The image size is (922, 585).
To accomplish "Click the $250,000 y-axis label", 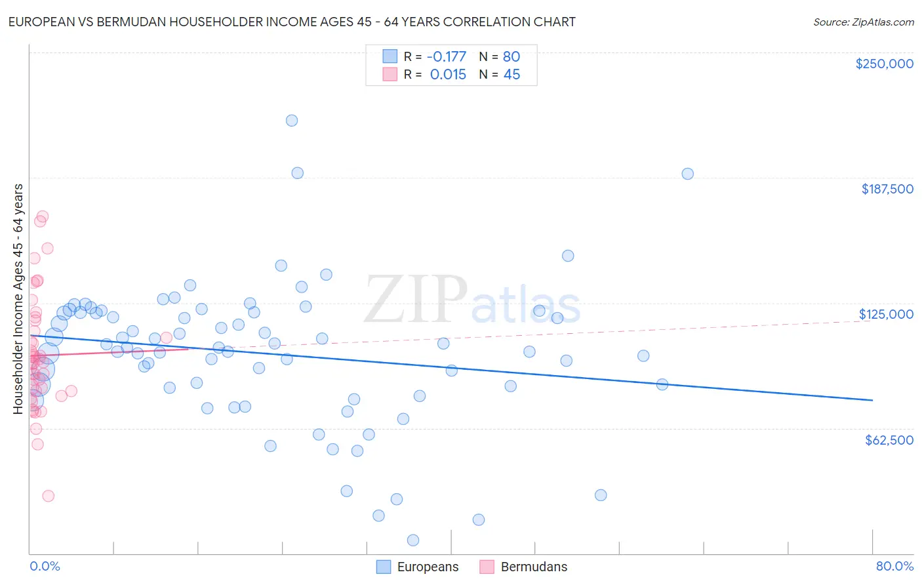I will click(x=884, y=64).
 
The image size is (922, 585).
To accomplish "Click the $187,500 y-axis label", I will click(x=887, y=189).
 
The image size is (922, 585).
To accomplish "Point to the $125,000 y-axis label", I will click(x=886, y=314).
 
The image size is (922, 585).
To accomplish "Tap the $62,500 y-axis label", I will click(x=889, y=440).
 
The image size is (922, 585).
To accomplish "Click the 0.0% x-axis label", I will click(x=45, y=566).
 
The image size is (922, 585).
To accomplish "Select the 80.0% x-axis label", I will click(x=894, y=566).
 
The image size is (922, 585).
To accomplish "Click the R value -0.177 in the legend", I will click(x=446, y=56).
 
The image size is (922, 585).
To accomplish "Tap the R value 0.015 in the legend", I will click(x=448, y=75).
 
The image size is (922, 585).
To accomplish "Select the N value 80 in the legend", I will click(x=511, y=56).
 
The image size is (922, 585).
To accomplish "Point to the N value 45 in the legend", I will click(x=511, y=75).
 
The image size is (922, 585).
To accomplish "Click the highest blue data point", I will click(x=292, y=120).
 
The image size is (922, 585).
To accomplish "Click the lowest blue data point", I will click(x=413, y=540).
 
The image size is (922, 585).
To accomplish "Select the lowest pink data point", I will click(x=48, y=496).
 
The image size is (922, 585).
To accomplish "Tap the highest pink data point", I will click(x=43, y=216).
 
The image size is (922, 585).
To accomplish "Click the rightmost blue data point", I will click(x=687, y=174).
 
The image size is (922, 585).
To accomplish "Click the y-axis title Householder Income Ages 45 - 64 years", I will click(x=18, y=299).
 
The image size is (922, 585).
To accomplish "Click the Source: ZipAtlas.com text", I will click(x=863, y=22).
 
